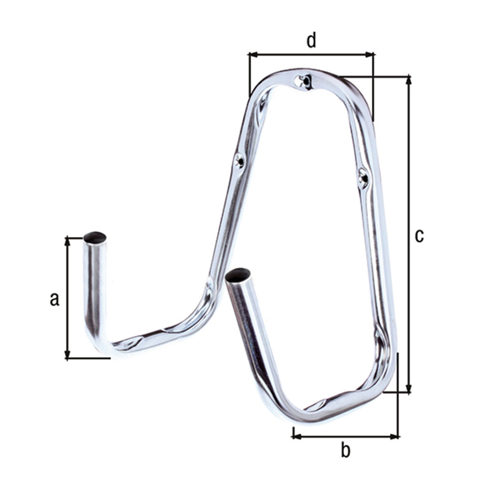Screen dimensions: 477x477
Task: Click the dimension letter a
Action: point(54,299)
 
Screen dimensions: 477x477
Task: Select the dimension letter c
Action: point(419,236)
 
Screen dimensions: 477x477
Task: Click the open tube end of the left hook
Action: point(95,237)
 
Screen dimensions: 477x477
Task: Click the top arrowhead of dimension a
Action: point(67,242)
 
